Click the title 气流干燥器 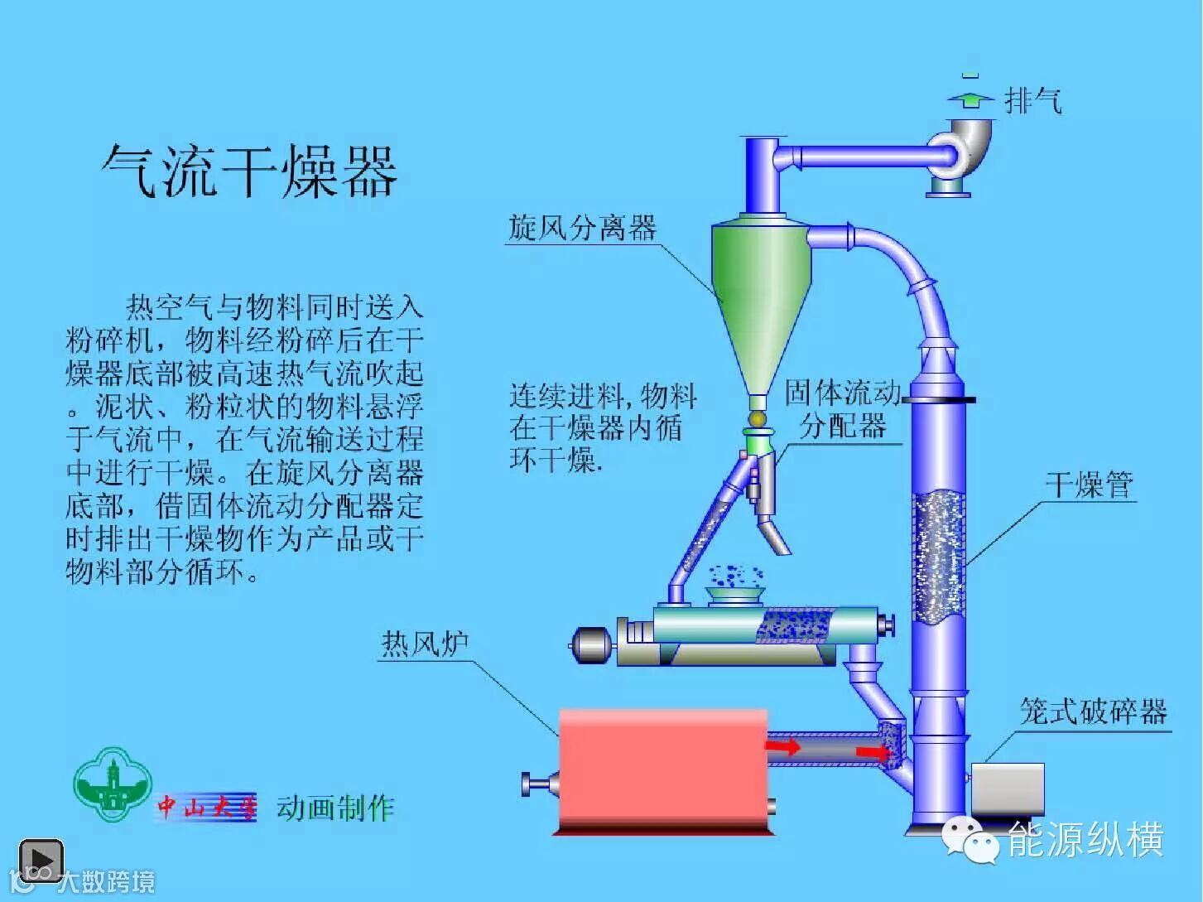pyautogui.click(x=249, y=171)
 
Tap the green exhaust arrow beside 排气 pyautogui.click(x=971, y=99)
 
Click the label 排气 pyautogui.click(x=1032, y=101)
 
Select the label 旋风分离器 pyautogui.click(x=582, y=227)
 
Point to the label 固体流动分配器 pyautogui.click(x=843, y=410)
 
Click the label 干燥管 pyautogui.click(x=1089, y=485)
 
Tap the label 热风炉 pyautogui.click(x=424, y=643)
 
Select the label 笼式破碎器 pyautogui.click(x=1093, y=711)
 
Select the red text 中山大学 pyautogui.click(x=207, y=807)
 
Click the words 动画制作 pyautogui.click(x=335, y=807)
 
